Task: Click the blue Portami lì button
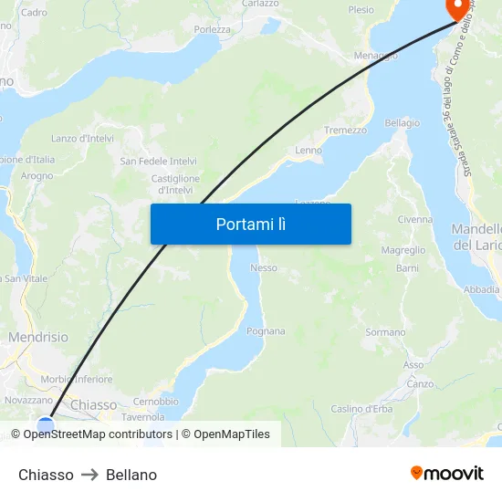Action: pos(250,224)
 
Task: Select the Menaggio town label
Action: pos(375,56)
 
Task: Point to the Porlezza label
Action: pos(212,29)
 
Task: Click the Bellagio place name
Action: pos(403,123)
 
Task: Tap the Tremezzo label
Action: pos(345,131)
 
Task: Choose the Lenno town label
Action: pos(309,150)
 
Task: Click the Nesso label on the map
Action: pos(263,268)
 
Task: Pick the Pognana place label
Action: pos(266,331)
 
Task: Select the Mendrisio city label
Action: pos(37,338)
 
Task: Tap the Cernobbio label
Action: pos(155,402)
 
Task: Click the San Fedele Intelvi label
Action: pos(158,162)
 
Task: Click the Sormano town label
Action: pos(385,333)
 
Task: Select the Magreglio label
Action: pos(403,250)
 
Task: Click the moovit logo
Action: pos(447,474)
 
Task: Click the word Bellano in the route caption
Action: pos(131,475)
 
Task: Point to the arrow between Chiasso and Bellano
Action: pos(89,475)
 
